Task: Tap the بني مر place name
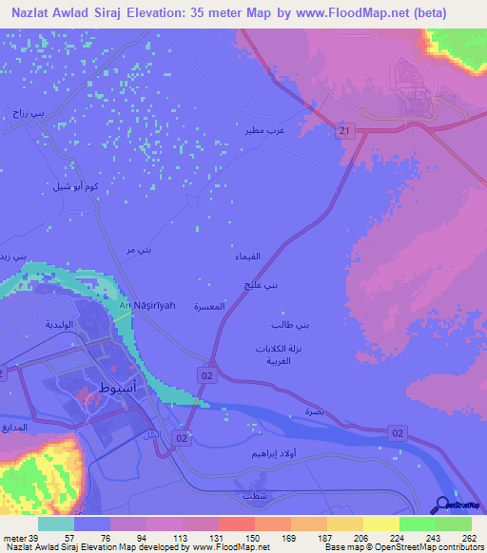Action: click(x=139, y=250)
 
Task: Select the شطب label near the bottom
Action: click(x=254, y=496)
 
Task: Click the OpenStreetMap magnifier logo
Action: click(x=442, y=505)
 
